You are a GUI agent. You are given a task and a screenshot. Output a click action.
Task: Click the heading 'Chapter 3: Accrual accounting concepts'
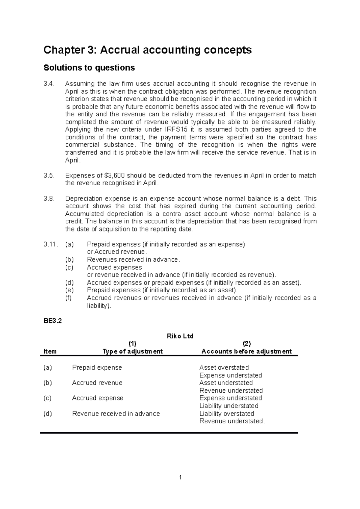pyautogui.click(x=147, y=50)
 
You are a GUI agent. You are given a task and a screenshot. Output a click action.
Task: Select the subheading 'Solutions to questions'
pyautogui.click(x=89, y=68)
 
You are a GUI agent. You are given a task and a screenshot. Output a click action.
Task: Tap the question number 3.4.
pyautogui.click(x=49, y=84)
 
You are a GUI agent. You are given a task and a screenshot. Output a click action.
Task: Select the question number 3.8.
pyautogui.click(x=49, y=199)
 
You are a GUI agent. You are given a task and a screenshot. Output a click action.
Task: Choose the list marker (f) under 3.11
pyautogui.click(x=69, y=298)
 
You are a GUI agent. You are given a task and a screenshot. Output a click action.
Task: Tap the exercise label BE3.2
pyautogui.click(x=52, y=321)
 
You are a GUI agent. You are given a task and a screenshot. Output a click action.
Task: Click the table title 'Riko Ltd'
pyautogui.click(x=180, y=336)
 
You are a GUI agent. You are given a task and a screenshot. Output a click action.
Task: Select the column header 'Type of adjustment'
pyautogui.click(x=133, y=351)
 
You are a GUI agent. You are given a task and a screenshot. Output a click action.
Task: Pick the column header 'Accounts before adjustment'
pyautogui.click(x=246, y=351)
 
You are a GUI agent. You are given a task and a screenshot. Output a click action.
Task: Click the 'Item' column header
pyautogui.click(x=50, y=351)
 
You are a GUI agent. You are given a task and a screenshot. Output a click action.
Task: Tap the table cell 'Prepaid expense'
pyautogui.click(x=97, y=368)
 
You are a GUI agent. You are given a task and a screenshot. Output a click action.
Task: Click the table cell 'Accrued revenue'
pyautogui.click(x=97, y=383)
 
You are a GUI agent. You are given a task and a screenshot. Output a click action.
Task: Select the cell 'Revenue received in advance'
pyautogui.click(x=116, y=414)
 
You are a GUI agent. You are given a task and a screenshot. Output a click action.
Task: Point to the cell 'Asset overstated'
pyautogui.click(x=224, y=368)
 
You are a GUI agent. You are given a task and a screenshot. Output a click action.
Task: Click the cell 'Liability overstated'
pyautogui.click(x=226, y=414)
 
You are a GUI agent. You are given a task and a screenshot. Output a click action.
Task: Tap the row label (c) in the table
pyautogui.click(x=47, y=398)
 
